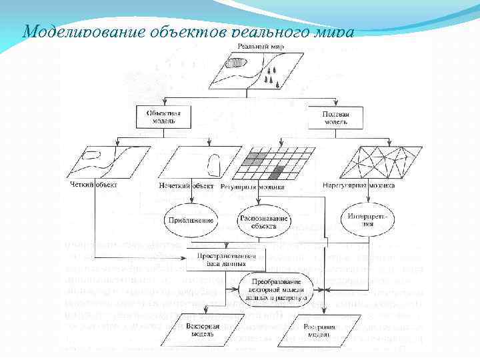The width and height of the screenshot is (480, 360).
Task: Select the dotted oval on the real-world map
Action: tap(235, 64)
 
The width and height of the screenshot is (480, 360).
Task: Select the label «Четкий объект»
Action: tap(93, 185)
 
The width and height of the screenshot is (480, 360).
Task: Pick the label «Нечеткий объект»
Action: tap(186, 185)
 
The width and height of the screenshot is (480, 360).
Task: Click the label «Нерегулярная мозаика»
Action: tap(358, 185)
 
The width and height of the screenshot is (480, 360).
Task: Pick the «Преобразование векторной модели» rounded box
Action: tap(274, 289)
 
